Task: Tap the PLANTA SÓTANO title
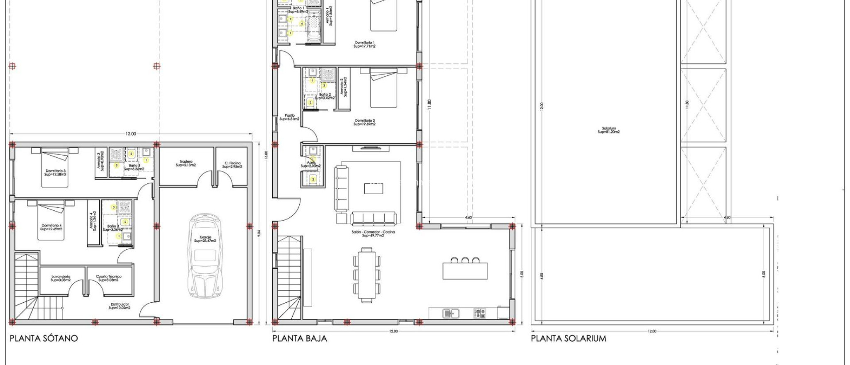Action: tap(44, 338)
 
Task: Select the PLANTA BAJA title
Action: tap(299, 338)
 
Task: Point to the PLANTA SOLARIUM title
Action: tap(568, 338)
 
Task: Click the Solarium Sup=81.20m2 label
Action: tap(608, 130)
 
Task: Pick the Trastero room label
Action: tap(186, 163)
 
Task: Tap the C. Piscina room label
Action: tap(232, 165)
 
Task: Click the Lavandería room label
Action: tap(61, 278)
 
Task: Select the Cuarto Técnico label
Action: tap(108, 278)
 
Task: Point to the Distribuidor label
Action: tap(119, 306)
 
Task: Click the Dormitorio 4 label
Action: tap(51, 227)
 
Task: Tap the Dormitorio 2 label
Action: tap(365, 122)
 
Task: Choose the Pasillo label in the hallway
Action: tap(289, 117)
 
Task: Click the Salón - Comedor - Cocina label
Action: tap(373, 234)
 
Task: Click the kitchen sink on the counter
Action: tap(450, 313)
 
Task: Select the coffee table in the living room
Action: tap(374, 189)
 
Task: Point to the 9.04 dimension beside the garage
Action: tap(259, 234)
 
